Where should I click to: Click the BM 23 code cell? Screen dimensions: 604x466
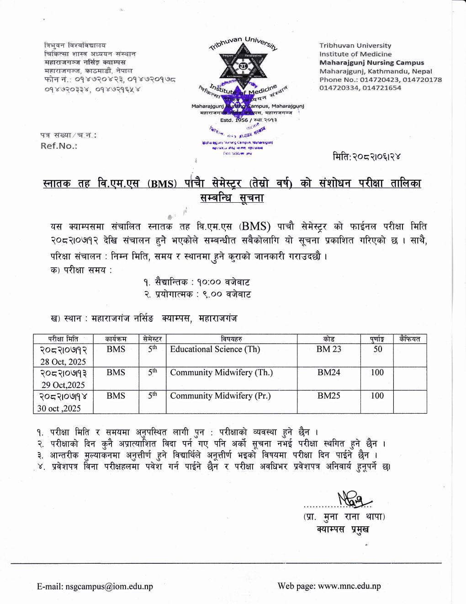328,349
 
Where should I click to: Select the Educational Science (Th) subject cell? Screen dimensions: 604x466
215,349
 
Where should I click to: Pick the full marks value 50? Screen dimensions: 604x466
377,349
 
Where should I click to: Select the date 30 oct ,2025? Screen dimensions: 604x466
59,408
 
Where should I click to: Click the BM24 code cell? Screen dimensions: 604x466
328,372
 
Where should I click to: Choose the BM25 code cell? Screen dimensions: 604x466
328,396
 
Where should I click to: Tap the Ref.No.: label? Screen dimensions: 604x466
59,146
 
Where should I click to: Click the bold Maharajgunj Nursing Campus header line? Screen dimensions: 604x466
371,63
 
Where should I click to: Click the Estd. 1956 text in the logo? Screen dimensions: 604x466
233,120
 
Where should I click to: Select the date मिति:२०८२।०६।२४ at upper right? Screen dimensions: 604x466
366,157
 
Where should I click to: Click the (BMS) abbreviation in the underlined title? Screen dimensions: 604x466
162,184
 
